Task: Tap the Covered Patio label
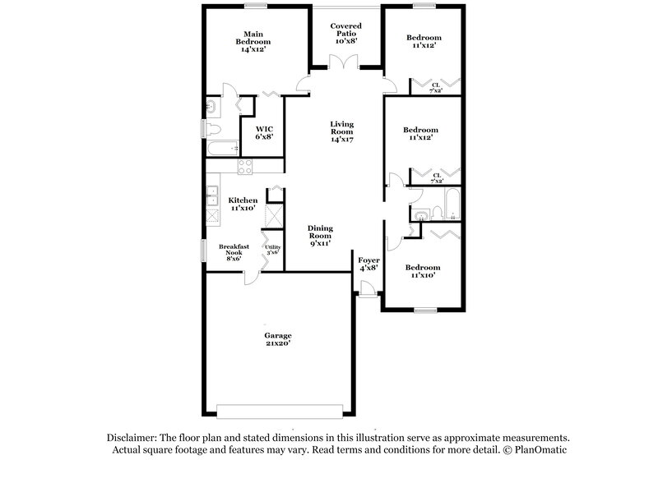coord(345,32)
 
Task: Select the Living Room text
coord(341,133)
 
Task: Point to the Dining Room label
coord(319,236)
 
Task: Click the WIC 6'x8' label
coord(263,133)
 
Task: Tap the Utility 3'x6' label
coord(272,250)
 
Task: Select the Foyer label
coord(368,263)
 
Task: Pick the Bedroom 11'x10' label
coord(422,271)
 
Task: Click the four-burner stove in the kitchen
coord(244,167)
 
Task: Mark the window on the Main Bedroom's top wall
coord(255,7)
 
